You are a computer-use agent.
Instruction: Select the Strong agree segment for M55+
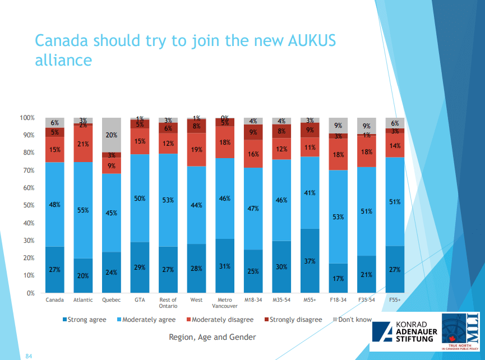pos(310,261)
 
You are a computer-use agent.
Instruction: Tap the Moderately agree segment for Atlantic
pos(83,210)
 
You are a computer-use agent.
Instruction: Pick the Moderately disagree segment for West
pos(197,150)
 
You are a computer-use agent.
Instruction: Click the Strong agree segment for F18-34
pos(339,278)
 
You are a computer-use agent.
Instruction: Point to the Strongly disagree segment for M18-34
pos(253,132)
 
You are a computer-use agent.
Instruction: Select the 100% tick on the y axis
pos(27,118)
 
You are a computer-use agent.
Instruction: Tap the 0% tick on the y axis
pos(30,293)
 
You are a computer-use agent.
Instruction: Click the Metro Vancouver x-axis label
pos(225,303)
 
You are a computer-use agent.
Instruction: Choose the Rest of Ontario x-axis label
pos(168,303)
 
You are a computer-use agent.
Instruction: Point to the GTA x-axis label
pos(140,300)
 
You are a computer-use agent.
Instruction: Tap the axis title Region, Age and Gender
pos(212,337)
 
